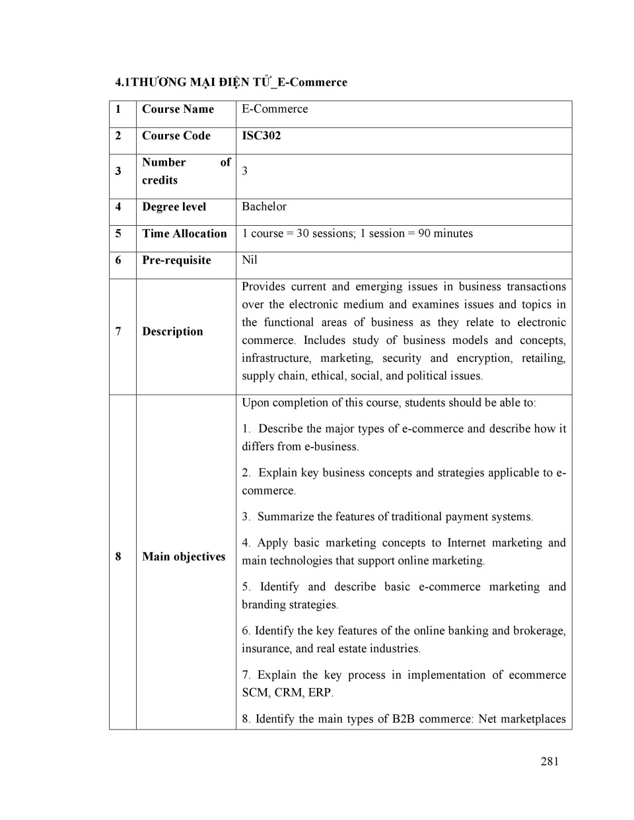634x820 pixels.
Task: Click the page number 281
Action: point(549,761)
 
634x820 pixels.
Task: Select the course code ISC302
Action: point(261,135)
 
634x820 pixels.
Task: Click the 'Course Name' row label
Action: point(178,109)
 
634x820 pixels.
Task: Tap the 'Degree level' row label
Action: point(174,207)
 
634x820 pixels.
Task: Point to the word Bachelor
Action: point(264,207)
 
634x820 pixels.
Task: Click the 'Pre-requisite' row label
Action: point(176,260)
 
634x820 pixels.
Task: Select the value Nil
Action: point(250,260)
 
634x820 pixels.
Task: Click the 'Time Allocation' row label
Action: point(184,233)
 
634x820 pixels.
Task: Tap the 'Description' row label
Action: point(172,331)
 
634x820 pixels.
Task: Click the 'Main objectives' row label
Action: point(184,557)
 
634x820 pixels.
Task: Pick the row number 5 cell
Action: point(118,233)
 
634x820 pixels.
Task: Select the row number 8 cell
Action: point(118,557)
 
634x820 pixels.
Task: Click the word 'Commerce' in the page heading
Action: point(321,83)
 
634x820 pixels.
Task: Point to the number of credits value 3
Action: point(245,171)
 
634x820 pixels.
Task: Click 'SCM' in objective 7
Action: point(255,693)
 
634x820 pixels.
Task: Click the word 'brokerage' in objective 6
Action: point(538,631)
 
